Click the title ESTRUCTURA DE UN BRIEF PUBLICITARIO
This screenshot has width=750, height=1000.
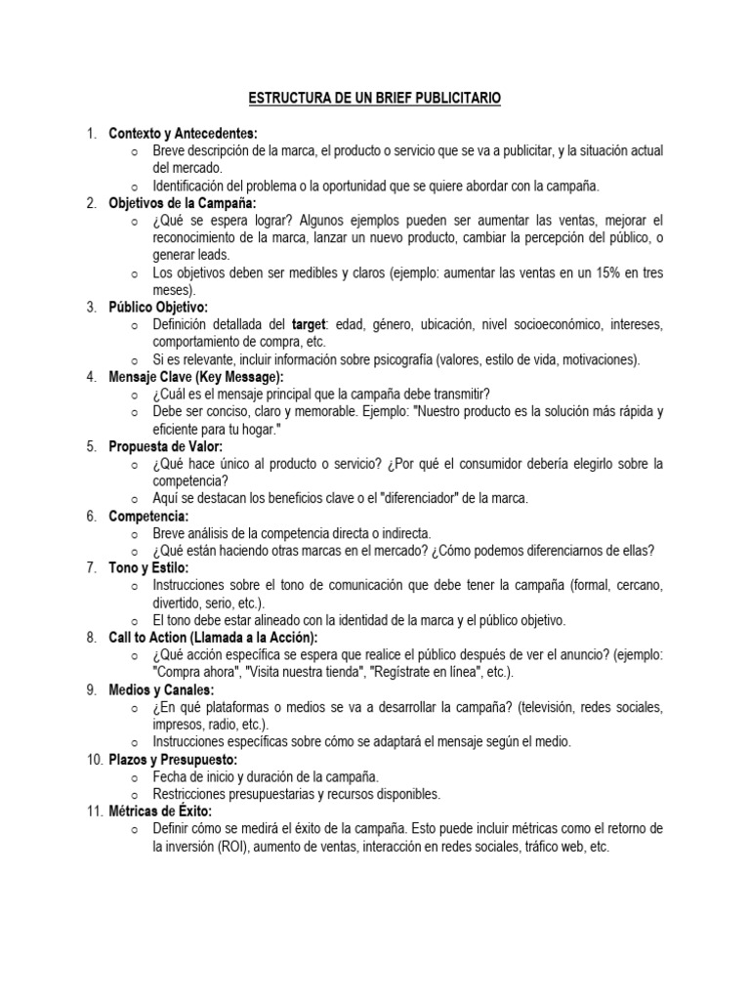point(376,100)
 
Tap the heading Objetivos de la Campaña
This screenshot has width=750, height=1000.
point(182,203)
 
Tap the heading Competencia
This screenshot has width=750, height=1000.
point(148,516)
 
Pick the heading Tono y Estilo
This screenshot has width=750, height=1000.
point(148,567)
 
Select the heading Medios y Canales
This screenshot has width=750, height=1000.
point(161,689)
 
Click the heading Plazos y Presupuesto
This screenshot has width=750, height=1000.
point(173,759)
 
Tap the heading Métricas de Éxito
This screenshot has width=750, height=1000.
point(160,811)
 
